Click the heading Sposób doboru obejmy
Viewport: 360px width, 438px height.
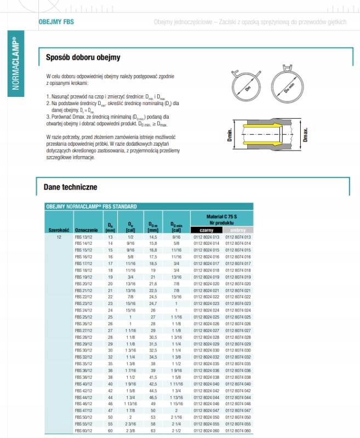(83, 57)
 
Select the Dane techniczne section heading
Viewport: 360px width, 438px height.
(70, 187)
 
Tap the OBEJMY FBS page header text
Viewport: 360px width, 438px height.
(56, 22)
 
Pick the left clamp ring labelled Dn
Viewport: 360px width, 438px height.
(248, 88)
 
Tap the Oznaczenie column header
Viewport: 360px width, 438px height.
(86, 230)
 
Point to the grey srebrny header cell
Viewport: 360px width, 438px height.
(237, 230)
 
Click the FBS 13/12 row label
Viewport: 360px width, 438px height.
(84, 237)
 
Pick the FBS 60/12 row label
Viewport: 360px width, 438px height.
(84, 430)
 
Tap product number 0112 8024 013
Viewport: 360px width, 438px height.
(207, 237)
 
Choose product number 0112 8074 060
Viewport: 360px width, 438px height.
(238, 430)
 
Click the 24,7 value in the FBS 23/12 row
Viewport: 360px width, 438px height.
(153, 303)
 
